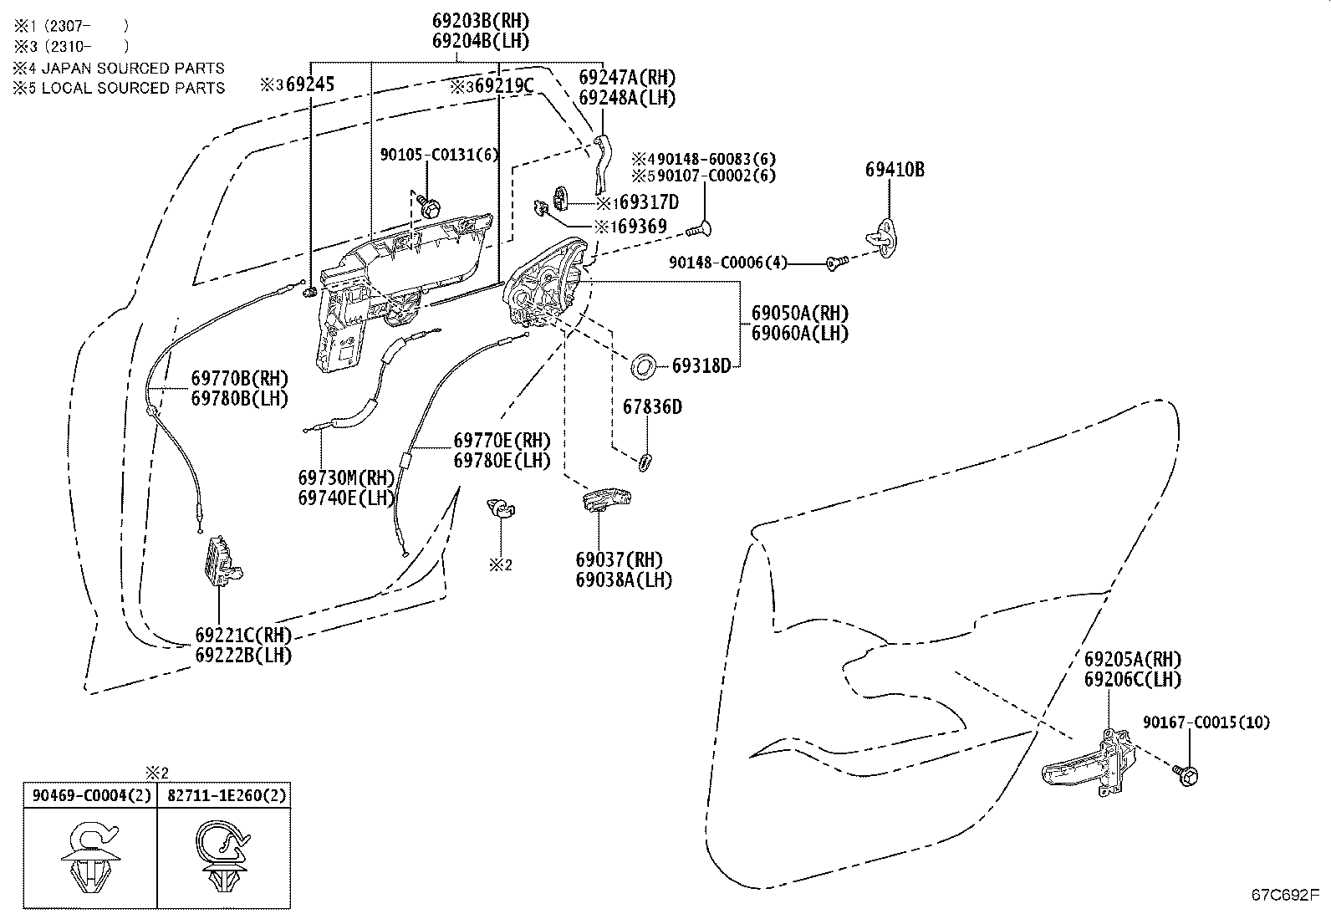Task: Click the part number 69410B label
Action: click(x=895, y=170)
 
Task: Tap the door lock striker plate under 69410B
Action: click(x=883, y=237)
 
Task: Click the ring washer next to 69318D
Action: click(x=643, y=365)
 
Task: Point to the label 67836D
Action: click(x=652, y=407)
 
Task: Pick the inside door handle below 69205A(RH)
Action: click(x=1089, y=764)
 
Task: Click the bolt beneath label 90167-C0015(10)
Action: click(x=1186, y=775)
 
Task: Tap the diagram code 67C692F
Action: click(x=1285, y=895)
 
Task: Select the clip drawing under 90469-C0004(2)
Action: click(x=91, y=856)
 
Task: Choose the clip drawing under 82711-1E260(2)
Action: click(x=222, y=856)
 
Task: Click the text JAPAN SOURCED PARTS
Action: click(x=132, y=68)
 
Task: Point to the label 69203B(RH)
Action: click(x=480, y=21)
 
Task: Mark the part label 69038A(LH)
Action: click(x=624, y=579)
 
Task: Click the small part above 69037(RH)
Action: click(x=607, y=498)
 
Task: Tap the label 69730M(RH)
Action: click(x=346, y=477)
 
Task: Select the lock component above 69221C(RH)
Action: click(x=222, y=561)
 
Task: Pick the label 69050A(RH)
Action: click(x=800, y=314)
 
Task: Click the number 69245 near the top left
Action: click(x=310, y=84)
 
